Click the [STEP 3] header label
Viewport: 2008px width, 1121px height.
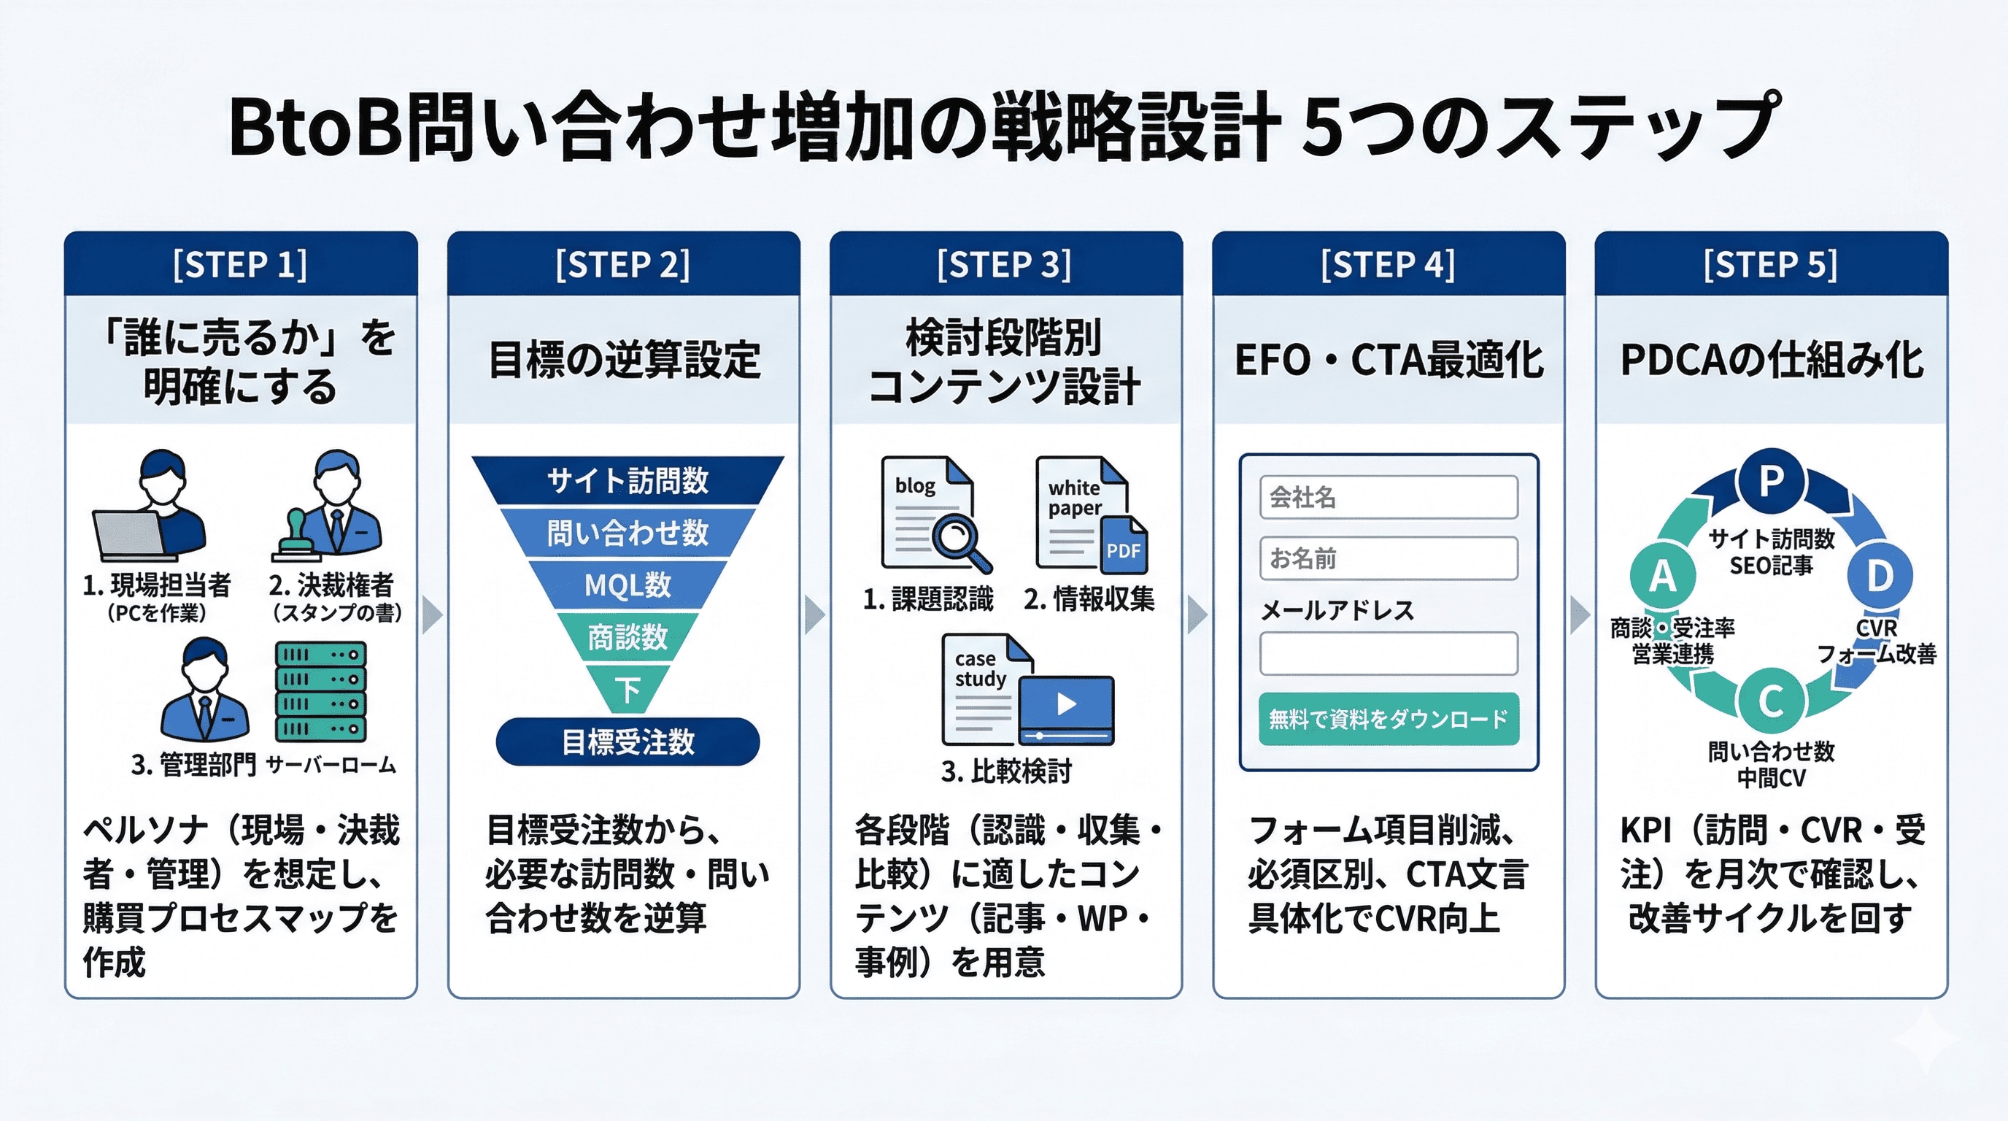pyautogui.click(x=1004, y=264)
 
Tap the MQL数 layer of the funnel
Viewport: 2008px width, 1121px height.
pyautogui.click(x=627, y=585)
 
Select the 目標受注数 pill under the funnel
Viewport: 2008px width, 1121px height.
pyautogui.click(x=627, y=741)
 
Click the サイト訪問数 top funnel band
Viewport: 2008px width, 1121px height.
pyautogui.click(x=627, y=480)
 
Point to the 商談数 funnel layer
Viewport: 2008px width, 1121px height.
pyautogui.click(x=627, y=637)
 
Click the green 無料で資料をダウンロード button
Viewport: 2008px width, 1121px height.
pyautogui.click(x=1389, y=719)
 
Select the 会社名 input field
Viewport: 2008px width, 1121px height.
pyautogui.click(x=1389, y=497)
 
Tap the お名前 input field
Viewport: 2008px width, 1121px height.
pyautogui.click(x=1389, y=558)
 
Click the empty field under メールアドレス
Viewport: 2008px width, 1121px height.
pyautogui.click(x=1389, y=653)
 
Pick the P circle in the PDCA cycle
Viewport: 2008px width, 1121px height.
pyautogui.click(x=1771, y=480)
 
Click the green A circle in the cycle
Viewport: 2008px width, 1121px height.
pyautogui.click(x=1663, y=576)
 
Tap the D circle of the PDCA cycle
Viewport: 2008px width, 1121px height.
pyautogui.click(x=1880, y=576)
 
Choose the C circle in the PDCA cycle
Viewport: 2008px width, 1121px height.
pyautogui.click(x=1771, y=701)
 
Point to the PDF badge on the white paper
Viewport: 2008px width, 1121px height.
pyautogui.click(x=1123, y=550)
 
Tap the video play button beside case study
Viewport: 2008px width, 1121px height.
pyautogui.click(x=1066, y=705)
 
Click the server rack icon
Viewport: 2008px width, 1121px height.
pyautogui.click(x=320, y=691)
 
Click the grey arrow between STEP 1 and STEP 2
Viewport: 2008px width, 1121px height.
pyautogui.click(x=431, y=615)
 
